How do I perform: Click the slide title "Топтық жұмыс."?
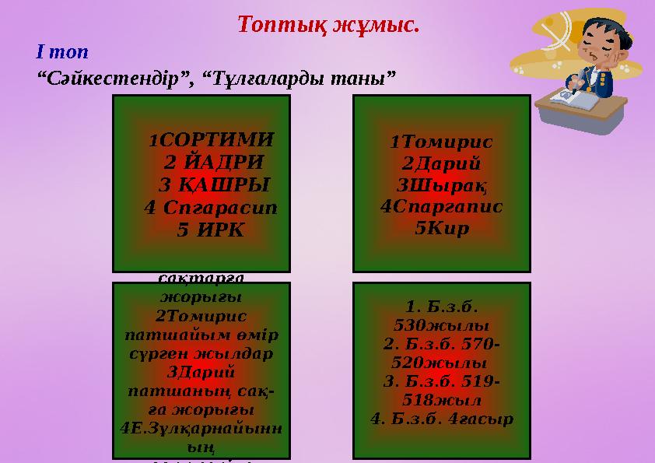pyautogui.click(x=328, y=24)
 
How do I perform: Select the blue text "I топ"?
pyautogui.click(x=62, y=52)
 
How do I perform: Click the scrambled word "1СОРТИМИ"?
pyautogui.click(x=211, y=140)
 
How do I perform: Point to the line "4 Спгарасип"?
pyautogui.click(x=211, y=208)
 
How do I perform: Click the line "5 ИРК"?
pyautogui.click(x=210, y=230)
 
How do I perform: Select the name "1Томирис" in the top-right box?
pyautogui.click(x=441, y=142)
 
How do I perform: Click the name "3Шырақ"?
pyautogui.click(x=441, y=185)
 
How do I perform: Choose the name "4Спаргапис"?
pyautogui.click(x=441, y=207)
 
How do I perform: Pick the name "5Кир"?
pyautogui.click(x=441, y=229)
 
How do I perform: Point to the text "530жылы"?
pyautogui.click(x=441, y=324)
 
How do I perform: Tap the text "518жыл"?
pyautogui.click(x=441, y=400)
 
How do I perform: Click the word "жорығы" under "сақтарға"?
pyautogui.click(x=201, y=296)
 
